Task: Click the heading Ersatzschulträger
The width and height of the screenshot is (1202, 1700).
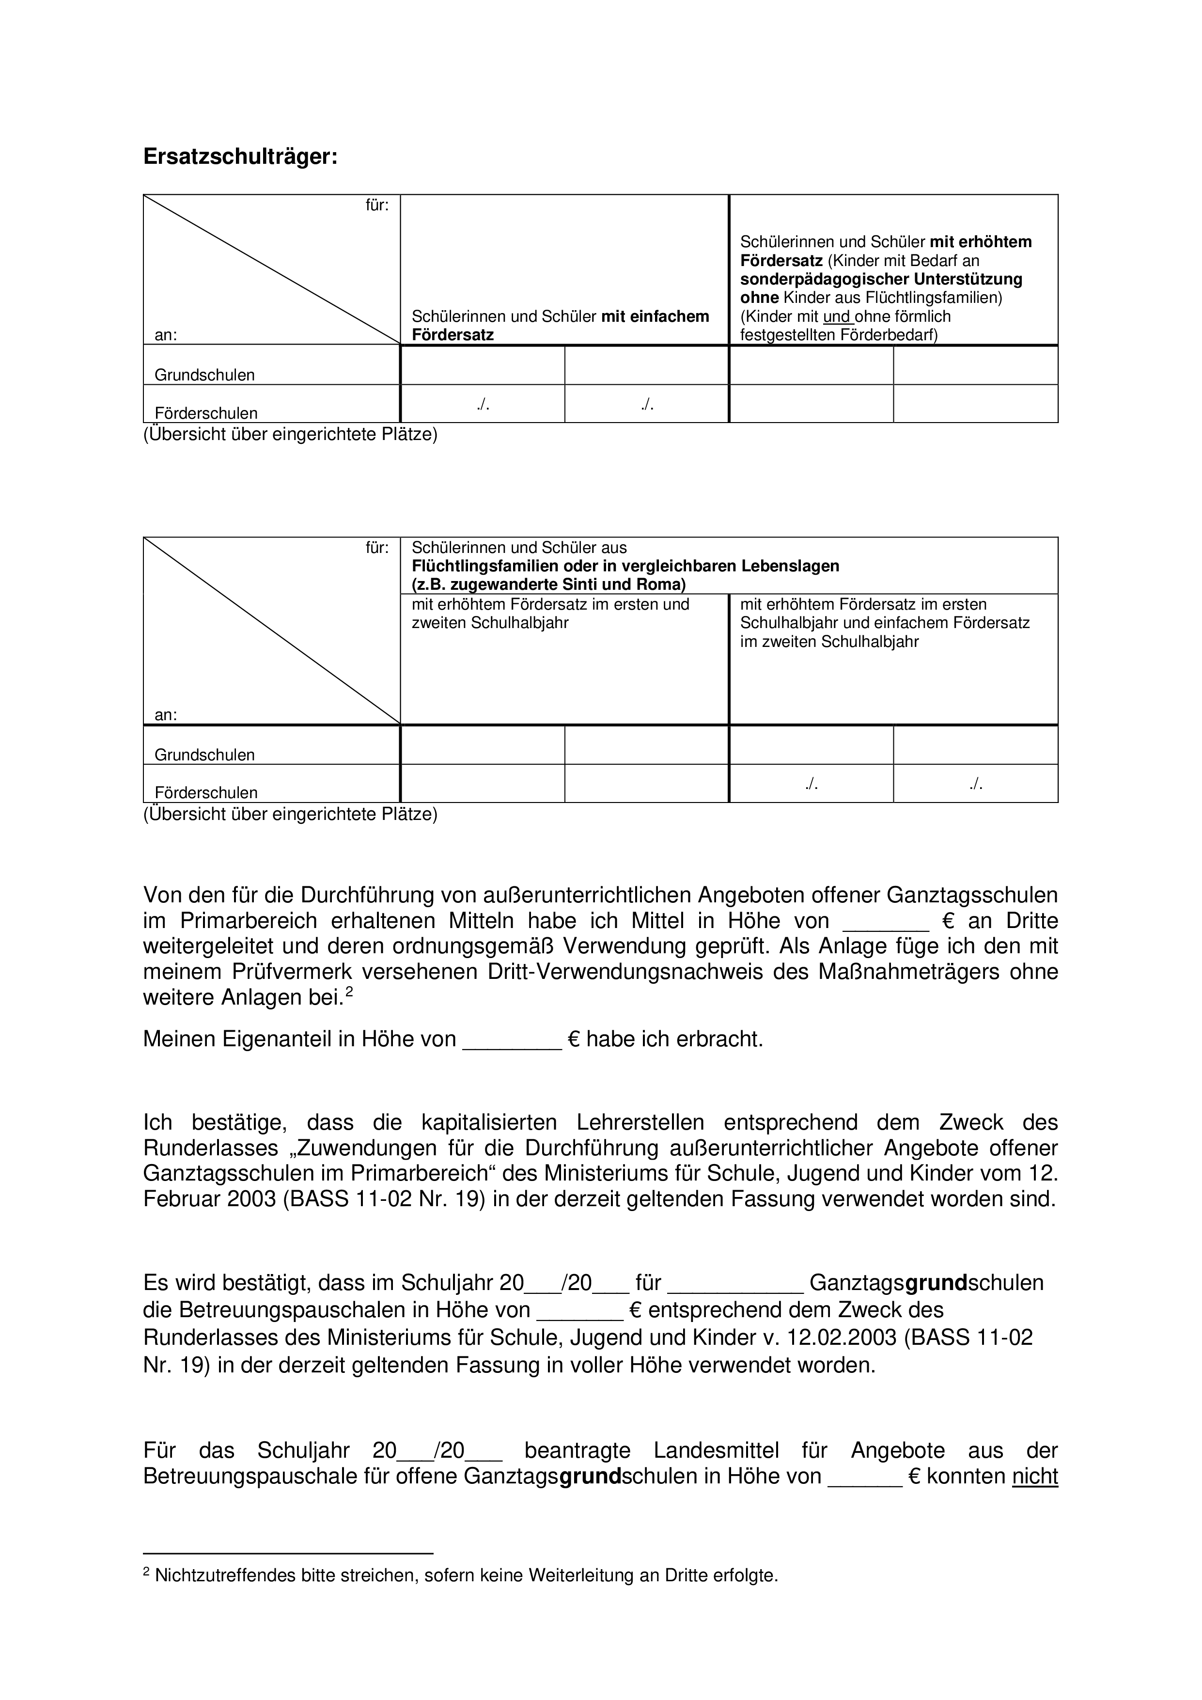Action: click(x=240, y=157)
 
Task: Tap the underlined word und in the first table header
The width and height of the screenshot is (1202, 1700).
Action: click(x=838, y=317)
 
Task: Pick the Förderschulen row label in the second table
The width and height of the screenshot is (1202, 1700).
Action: click(x=206, y=793)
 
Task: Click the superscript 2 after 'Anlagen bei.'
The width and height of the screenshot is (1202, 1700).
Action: click(x=349, y=992)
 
